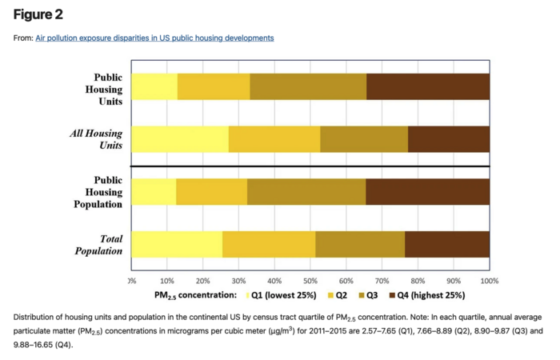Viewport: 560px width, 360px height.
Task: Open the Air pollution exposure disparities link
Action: [x=154, y=38]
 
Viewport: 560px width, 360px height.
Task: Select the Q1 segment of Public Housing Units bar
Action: [x=154, y=86]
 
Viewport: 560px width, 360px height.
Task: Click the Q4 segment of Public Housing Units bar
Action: [x=428, y=86]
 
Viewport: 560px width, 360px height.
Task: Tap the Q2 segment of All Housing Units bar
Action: [x=274, y=139]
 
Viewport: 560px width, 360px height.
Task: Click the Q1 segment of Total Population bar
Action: [x=177, y=244]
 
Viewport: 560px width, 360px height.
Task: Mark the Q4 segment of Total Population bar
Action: [x=447, y=244]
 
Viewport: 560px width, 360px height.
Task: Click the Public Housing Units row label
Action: [x=104, y=90]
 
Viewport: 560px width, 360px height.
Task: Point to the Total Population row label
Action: [x=99, y=245]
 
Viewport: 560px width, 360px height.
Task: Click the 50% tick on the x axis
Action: [x=310, y=282]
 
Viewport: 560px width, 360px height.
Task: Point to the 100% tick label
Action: [x=489, y=282]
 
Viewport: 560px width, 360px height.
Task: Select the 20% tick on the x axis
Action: [x=203, y=282]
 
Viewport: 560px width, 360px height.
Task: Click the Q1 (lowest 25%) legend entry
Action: [x=288, y=295]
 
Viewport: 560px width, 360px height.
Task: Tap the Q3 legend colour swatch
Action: [x=361, y=295]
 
